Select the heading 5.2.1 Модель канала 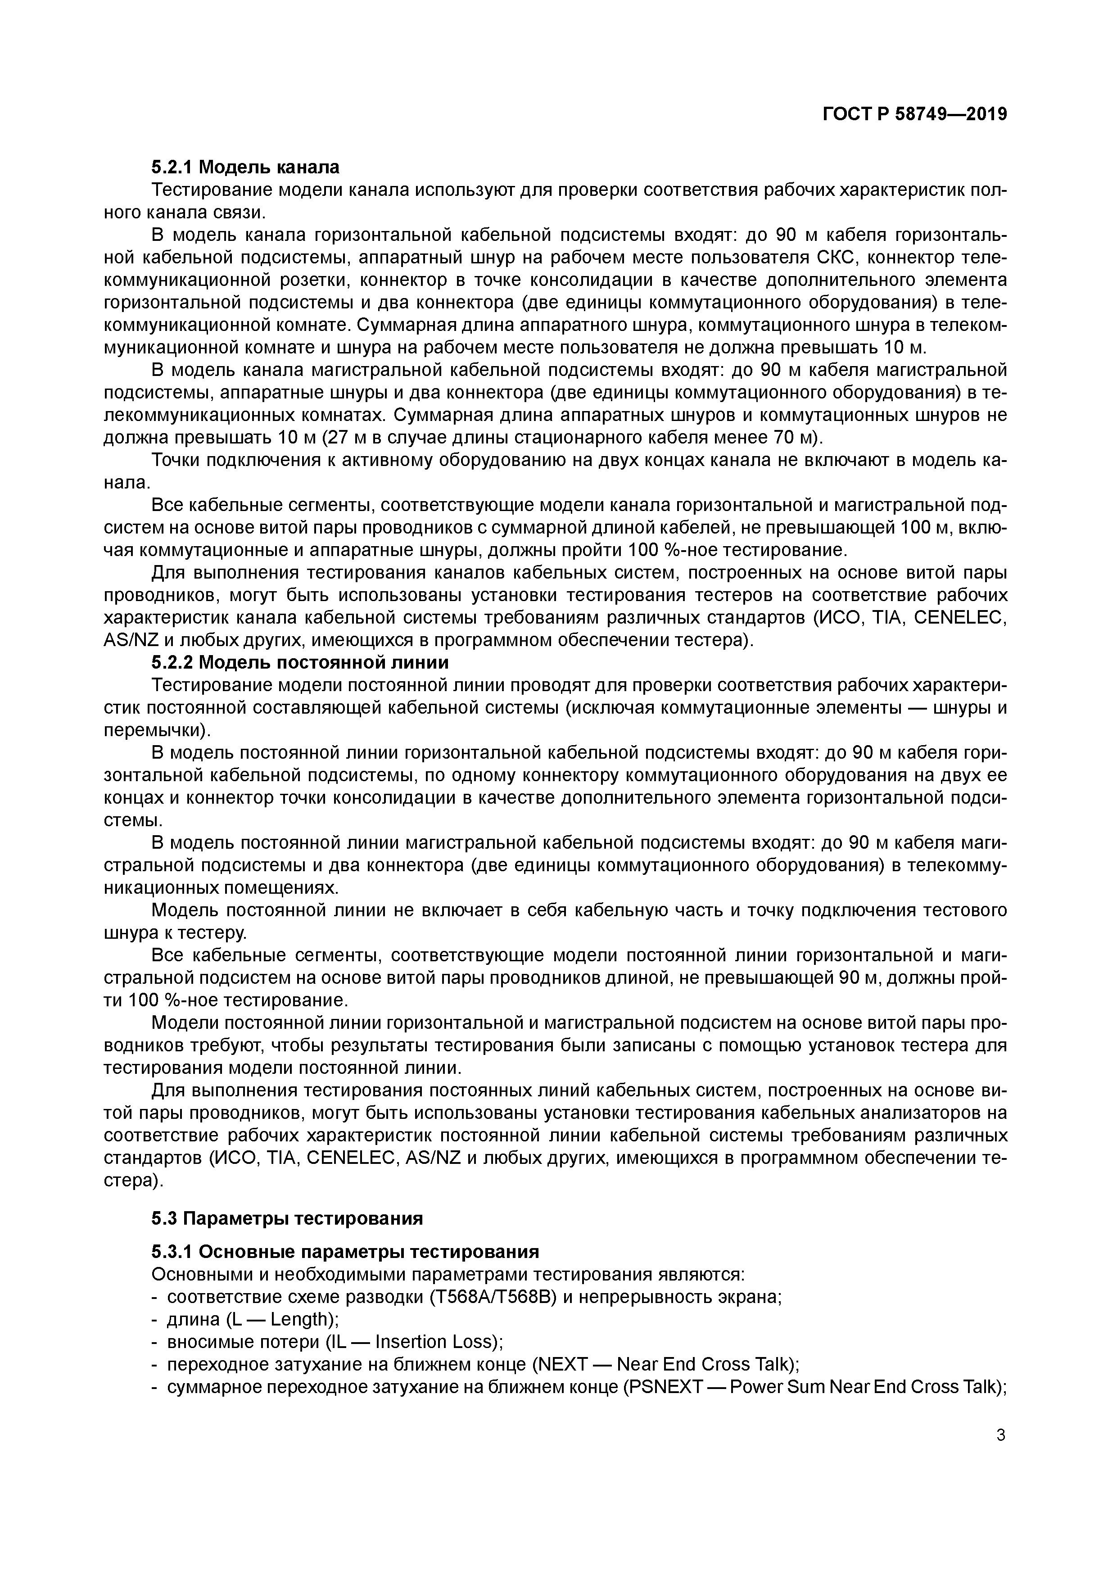click(245, 167)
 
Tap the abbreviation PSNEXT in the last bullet click(664, 1387)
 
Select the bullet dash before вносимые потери click(154, 1343)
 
